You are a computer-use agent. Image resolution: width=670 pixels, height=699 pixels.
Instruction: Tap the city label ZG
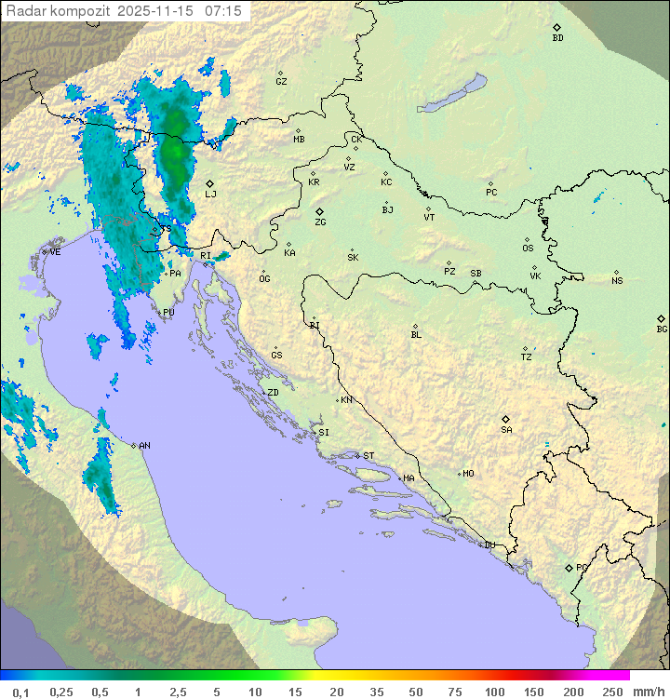point(320,222)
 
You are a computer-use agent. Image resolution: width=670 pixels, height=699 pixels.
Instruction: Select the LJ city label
point(210,195)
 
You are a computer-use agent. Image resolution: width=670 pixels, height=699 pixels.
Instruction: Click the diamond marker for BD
point(556,28)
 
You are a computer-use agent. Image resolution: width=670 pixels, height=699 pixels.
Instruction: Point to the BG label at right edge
point(662,329)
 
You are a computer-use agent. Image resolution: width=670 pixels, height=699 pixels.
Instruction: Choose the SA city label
point(506,429)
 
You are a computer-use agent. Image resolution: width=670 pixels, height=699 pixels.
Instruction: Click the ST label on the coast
point(368,456)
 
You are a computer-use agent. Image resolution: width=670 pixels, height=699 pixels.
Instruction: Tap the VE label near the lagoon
point(55,252)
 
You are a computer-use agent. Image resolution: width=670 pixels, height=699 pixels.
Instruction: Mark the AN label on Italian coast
point(144,446)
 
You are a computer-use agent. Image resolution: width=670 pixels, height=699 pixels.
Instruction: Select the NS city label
point(617,281)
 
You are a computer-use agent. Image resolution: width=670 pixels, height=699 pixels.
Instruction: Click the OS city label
point(528,249)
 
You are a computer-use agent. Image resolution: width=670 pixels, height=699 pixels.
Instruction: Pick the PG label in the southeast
point(581,567)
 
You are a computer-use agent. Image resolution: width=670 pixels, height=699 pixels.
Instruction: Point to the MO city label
point(468,474)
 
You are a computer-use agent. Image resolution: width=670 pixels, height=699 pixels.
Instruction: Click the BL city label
point(416,335)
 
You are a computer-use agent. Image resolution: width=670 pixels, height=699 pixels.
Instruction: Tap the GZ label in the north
point(281,81)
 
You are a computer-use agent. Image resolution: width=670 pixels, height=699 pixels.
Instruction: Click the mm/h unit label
point(645,691)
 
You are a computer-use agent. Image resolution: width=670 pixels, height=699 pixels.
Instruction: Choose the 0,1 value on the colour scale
point(21,691)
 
